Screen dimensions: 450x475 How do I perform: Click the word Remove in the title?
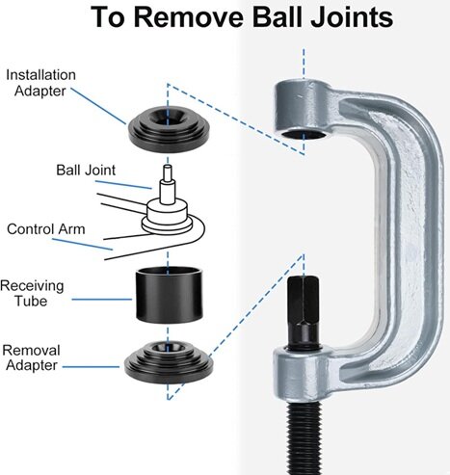pos(189,17)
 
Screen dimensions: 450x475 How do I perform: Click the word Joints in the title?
pos(352,17)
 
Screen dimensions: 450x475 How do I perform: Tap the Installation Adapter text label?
pos(40,83)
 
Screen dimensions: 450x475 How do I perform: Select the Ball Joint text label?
pos(86,171)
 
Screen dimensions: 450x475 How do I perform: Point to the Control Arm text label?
pos(46,229)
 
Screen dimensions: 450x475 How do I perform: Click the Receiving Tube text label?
pos(32,294)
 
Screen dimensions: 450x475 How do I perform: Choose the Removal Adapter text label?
pos(31,357)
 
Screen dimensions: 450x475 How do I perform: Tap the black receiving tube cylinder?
pos(170,294)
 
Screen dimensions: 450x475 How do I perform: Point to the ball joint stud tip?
pos(167,167)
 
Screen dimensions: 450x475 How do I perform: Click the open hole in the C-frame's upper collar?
pos(304,134)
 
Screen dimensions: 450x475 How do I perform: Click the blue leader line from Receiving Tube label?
pos(102,300)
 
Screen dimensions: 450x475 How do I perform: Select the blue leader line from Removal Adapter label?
pos(91,366)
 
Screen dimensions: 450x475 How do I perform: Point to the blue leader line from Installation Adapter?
pos(98,106)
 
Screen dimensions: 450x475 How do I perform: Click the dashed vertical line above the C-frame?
pos(304,64)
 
